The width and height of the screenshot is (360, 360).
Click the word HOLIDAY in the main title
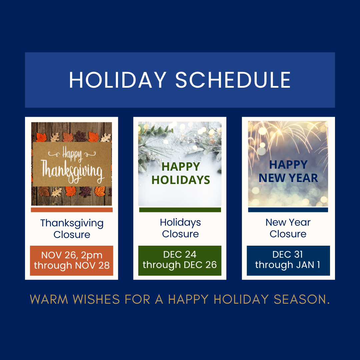click(x=117, y=80)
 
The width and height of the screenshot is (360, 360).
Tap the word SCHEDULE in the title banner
click(x=233, y=80)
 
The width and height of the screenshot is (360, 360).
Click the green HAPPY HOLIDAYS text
click(x=181, y=173)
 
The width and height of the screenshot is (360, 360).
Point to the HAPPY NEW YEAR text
click(x=288, y=171)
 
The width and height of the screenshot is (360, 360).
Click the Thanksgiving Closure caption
click(x=72, y=229)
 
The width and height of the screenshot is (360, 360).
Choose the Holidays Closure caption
click(x=180, y=228)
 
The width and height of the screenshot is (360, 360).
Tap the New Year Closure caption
click(x=288, y=228)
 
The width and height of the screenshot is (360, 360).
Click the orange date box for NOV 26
click(x=72, y=261)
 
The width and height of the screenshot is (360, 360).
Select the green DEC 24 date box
click(x=180, y=260)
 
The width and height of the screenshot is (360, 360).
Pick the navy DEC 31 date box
click(x=288, y=260)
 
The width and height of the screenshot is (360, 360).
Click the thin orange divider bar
click(x=72, y=210)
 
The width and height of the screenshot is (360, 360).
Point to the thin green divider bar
click(x=180, y=210)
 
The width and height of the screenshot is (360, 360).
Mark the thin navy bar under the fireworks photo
click(x=288, y=210)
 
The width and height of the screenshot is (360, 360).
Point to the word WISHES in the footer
click(x=96, y=299)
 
